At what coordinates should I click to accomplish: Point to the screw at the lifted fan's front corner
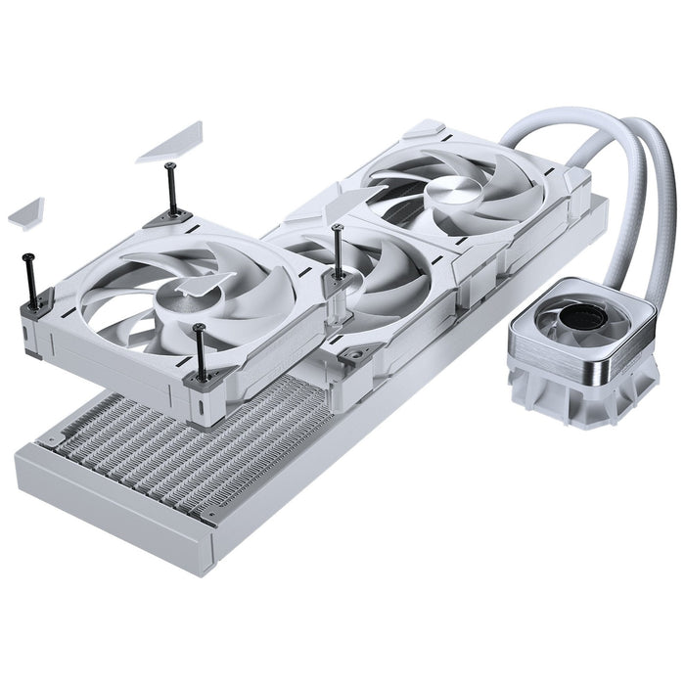(x=200, y=351)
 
